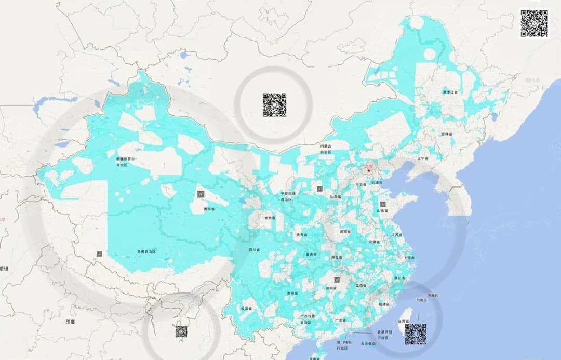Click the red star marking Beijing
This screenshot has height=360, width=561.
point(369,171)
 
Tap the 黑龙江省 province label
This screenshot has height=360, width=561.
point(449,92)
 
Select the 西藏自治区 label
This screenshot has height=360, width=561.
point(146,251)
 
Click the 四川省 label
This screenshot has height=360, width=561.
point(254,250)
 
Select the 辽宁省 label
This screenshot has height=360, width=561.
point(422,158)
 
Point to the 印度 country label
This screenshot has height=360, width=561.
point(70,322)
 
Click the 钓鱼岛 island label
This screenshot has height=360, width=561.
point(422,300)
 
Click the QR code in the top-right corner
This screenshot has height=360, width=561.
point(534,23)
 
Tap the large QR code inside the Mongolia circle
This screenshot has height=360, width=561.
point(274,104)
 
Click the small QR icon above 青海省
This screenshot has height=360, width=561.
point(201,195)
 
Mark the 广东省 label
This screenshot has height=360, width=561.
point(341,320)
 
